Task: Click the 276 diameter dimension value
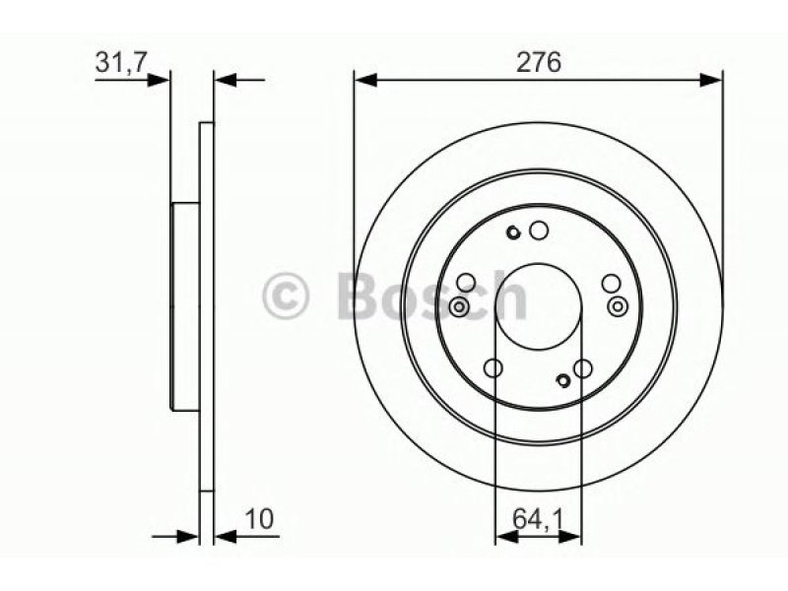point(539,63)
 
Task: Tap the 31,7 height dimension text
point(120,63)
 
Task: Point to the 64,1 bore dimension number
point(538,519)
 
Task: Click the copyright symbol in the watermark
point(286,296)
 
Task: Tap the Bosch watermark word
point(432,295)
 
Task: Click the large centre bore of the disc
point(538,306)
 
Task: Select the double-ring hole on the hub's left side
point(459,306)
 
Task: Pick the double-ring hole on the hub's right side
point(618,306)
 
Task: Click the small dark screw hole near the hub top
point(513,232)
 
